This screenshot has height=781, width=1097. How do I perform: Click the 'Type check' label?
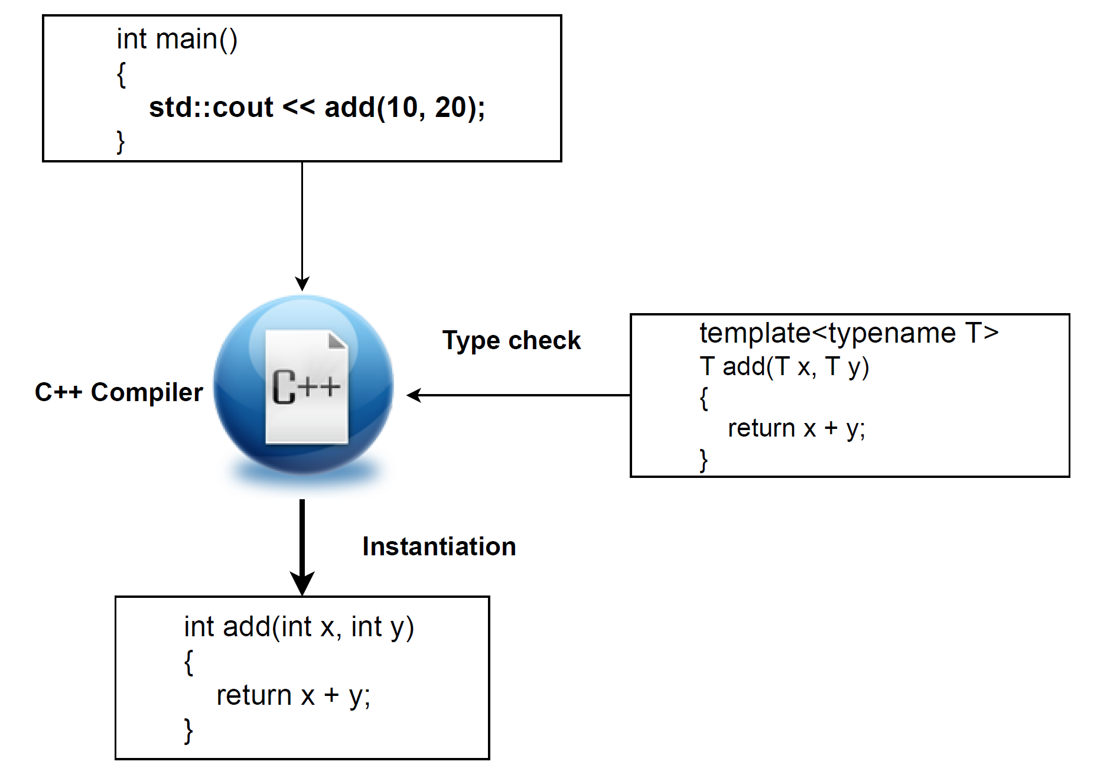click(511, 341)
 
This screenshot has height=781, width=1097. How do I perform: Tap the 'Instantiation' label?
click(439, 546)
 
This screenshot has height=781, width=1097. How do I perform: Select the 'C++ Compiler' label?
click(118, 392)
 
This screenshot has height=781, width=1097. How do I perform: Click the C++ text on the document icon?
click(306, 387)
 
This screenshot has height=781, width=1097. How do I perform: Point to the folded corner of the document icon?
click(337, 341)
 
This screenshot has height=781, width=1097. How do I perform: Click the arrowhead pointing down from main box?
click(302, 283)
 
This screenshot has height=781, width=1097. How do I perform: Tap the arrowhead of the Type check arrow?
click(414, 395)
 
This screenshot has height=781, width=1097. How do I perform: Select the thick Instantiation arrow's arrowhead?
click(302, 584)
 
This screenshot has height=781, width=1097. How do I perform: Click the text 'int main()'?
click(177, 40)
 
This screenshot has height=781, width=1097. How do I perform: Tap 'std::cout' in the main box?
click(211, 108)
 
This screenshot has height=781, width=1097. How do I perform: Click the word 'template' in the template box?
click(754, 333)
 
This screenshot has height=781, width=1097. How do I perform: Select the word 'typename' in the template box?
click(892, 333)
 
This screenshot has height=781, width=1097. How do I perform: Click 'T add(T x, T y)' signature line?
click(784, 367)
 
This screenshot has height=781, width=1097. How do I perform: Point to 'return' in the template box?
click(761, 428)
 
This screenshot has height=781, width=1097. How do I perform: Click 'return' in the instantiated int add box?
click(253, 695)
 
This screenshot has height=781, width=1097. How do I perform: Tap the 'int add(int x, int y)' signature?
click(299, 627)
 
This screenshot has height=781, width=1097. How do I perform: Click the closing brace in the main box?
click(121, 142)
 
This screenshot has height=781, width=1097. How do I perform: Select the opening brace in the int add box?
click(189, 662)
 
